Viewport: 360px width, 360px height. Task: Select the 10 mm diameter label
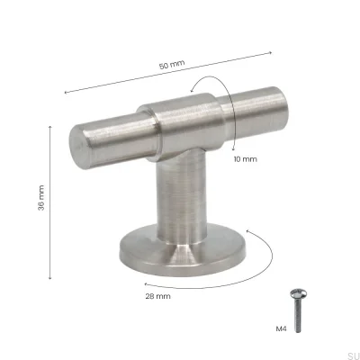(245, 158)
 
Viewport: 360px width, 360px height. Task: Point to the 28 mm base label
(157, 294)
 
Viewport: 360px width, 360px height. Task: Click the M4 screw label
(282, 329)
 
